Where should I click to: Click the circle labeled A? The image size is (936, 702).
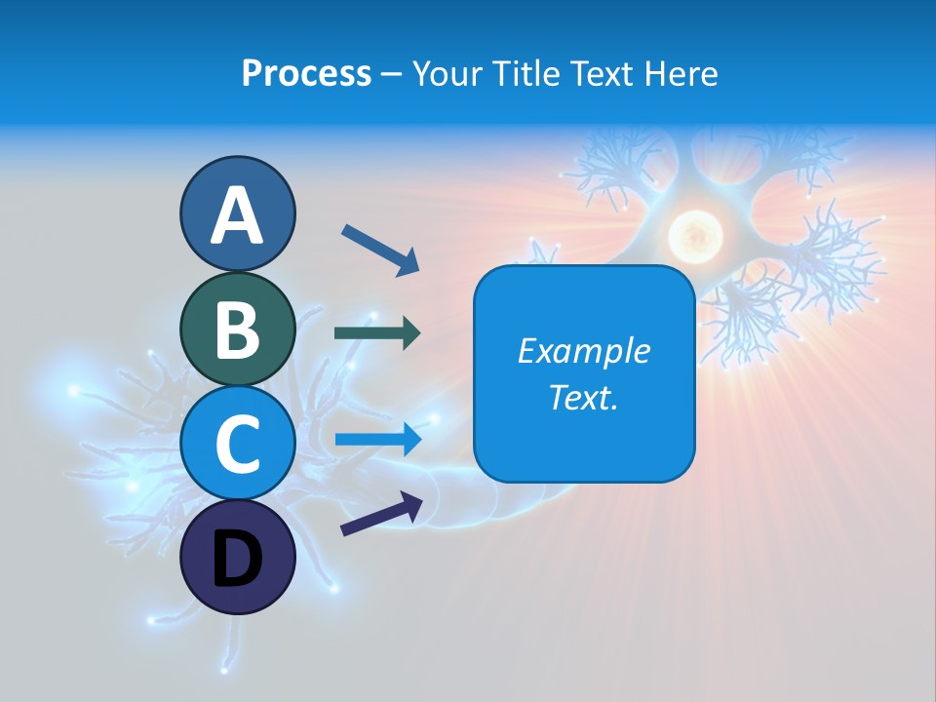[238, 214]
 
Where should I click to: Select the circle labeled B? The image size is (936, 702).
[238, 329]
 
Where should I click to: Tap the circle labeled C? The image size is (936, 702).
[238, 444]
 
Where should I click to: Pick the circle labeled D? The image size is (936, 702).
[238, 557]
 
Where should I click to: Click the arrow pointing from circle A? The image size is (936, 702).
[380, 249]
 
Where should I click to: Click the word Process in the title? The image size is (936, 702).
[306, 73]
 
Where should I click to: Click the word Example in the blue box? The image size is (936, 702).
[583, 351]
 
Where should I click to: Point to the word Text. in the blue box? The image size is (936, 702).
[583, 397]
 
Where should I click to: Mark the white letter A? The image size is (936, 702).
[238, 215]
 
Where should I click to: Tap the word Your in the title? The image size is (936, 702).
[448, 73]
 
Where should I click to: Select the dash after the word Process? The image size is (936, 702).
[392, 74]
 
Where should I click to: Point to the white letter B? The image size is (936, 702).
[238, 329]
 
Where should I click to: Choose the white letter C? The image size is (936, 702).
[238, 444]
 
